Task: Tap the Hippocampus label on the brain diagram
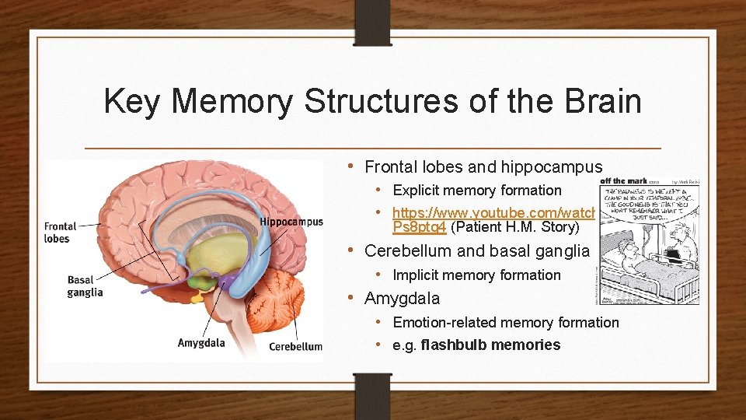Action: (x=291, y=222)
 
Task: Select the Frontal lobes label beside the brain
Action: (x=61, y=233)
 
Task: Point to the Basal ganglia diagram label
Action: (x=85, y=286)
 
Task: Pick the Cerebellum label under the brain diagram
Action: (x=295, y=347)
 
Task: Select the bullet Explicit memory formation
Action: (x=476, y=191)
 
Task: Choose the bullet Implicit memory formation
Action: (x=476, y=275)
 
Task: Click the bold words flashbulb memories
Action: (x=490, y=345)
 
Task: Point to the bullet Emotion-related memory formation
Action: (x=506, y=323)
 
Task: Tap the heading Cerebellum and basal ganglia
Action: (x=477, y=251)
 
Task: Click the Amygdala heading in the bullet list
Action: (x=402, y=299)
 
